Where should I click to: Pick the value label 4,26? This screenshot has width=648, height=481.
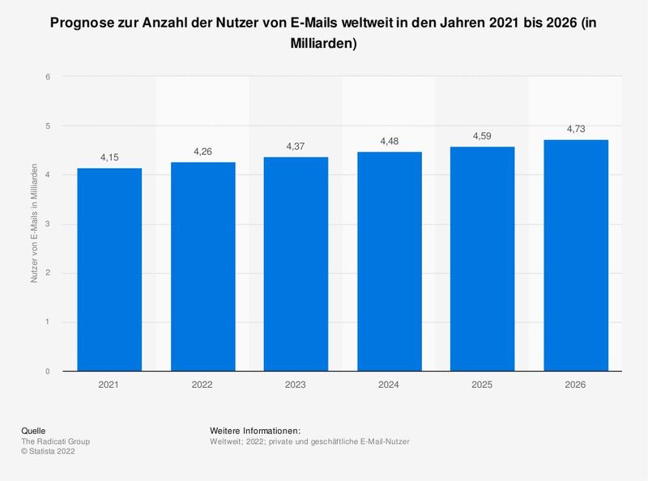click(202, 151)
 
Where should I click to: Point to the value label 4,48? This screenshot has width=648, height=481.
click(389, 141)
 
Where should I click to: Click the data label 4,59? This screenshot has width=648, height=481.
click(482, 136)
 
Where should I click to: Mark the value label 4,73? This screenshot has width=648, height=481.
click(575, 129)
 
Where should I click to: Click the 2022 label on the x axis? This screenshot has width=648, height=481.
click(202, 385)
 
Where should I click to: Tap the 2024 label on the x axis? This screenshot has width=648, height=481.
click(389, 385)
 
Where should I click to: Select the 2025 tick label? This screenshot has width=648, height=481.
click(482, 385)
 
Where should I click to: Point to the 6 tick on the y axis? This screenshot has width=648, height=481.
click(49, 77)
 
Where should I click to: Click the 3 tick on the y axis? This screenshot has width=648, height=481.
click(49, 224)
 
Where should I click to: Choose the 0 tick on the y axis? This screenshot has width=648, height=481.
click(49, 372)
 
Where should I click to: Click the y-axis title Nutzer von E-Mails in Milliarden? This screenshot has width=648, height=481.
click(34, 223)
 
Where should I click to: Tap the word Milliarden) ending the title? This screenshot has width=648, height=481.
click(323, 45)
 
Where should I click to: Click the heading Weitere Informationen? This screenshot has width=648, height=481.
click(255, 430)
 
